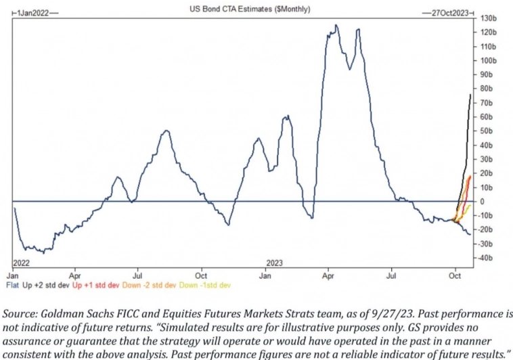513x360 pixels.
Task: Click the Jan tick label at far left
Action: (14, 276)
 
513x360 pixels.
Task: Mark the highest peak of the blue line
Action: (336, 26)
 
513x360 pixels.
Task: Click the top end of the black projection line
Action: (470, 95)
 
